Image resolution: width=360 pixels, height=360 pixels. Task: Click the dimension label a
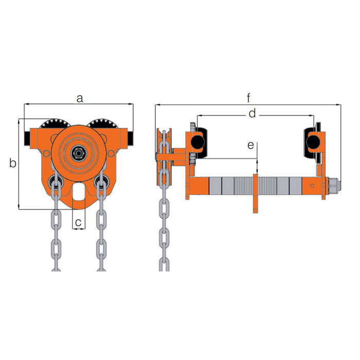pos(79,99)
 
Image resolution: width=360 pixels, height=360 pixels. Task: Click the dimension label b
pos(13,163)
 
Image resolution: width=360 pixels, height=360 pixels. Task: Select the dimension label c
pos(78,222)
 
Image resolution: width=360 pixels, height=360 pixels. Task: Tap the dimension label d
pos(252,114)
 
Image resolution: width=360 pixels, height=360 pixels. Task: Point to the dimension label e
pos(251,146)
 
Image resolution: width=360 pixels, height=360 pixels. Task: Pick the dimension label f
pos(248,98)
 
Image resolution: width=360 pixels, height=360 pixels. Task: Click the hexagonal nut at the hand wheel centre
pos(79,152)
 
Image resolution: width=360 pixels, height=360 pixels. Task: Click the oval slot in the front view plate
pos(79,191)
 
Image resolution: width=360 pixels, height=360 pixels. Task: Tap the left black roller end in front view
pos(27,138)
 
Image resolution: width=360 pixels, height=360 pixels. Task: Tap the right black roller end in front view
pos(131,138)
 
